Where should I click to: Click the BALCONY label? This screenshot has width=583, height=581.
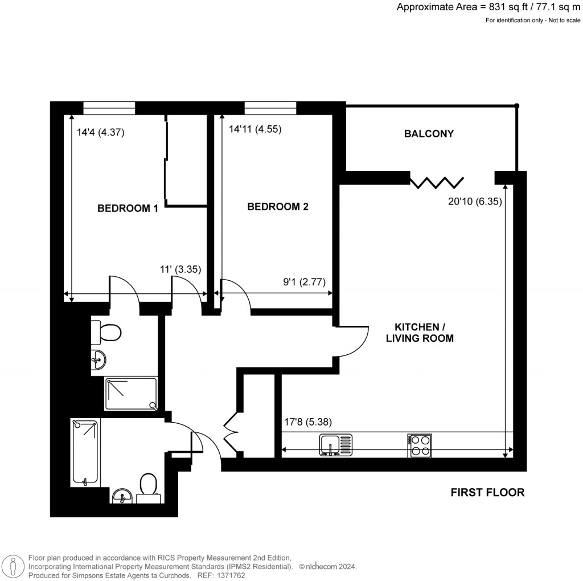(x=429, y=134)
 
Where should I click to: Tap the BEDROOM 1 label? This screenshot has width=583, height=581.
(x=128, y=208)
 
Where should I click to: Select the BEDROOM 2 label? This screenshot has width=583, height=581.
(x=277, y=207)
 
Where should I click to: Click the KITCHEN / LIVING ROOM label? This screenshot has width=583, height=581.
(x=420, y=333)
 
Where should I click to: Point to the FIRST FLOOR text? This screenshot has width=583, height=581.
(x=487, y=492)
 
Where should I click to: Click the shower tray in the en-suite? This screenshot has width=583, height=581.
(x=130, y=393)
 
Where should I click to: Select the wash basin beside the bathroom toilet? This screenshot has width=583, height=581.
(x=122, y=497)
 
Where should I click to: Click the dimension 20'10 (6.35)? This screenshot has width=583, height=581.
(x=475, y=201)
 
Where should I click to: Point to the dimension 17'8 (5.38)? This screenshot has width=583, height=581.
(x=307, y=422)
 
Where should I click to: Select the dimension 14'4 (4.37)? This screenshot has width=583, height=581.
(x=100, y=133)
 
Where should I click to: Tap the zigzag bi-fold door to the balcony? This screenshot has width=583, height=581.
(x=437, y=182)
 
